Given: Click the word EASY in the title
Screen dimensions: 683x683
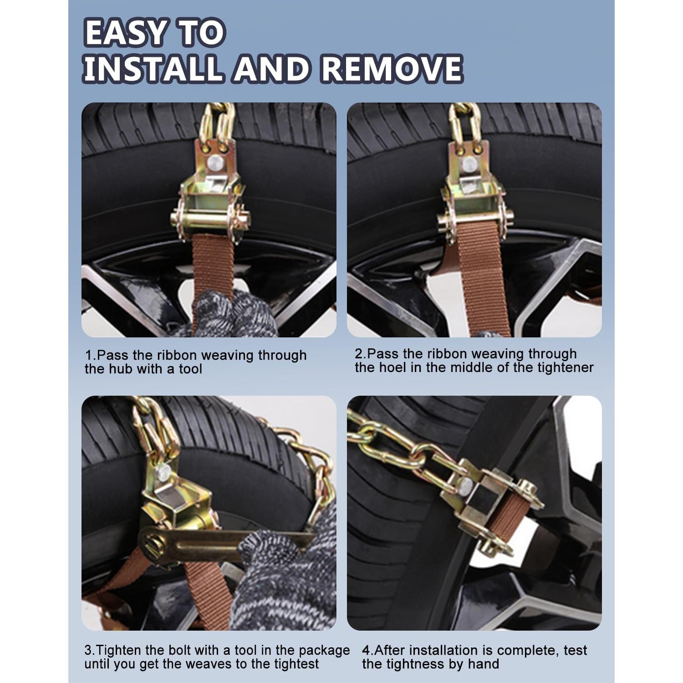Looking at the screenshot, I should click(x=124, y=33).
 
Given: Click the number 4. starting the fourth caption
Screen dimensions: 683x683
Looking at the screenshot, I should click(x=367, y=650).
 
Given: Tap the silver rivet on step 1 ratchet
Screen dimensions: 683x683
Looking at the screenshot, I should click(x=214, y=162).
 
